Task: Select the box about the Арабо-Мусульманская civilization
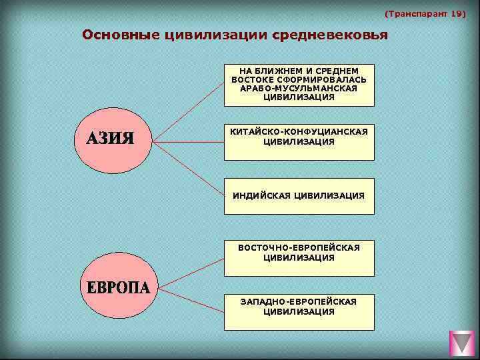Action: click(299, 85)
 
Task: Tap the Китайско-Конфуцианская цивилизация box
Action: click(299, 142)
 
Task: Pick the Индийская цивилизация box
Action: click(299, 196)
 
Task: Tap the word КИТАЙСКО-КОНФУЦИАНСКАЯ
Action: click(299, 132)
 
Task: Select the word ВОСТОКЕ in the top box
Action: click(250, 79)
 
